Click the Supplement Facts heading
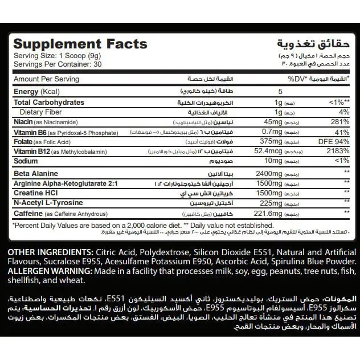click(x=80, y=44)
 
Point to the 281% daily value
click(x=338, y=122)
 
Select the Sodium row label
click(x=26, y=162)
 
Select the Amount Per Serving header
click(x=46, y=79)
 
